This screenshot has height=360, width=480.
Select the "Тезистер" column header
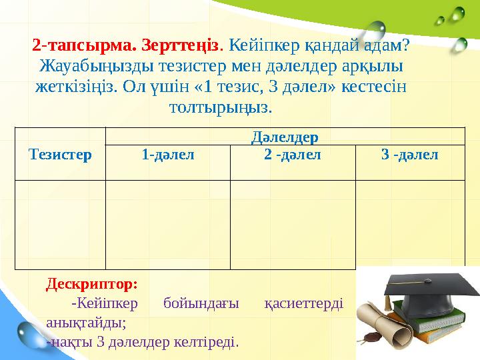pyautogui.click(x=60, y=155)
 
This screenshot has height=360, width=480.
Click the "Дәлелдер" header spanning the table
pyautogui.click(x=285, y=137)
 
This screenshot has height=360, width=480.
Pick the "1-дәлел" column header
pyautogui.click(x=168, y=155)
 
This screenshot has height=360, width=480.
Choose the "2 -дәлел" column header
pyautogui.click(x=293, y=155)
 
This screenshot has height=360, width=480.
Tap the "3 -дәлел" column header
pyautogui.click(x=410, y=155)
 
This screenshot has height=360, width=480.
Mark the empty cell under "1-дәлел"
pyautogui.click(x=168, y=224)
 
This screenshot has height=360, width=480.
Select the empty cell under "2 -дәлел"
pyautogui.click(x=293, y=224)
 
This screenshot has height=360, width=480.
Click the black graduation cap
pyautogui.click(x=427, y=293)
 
